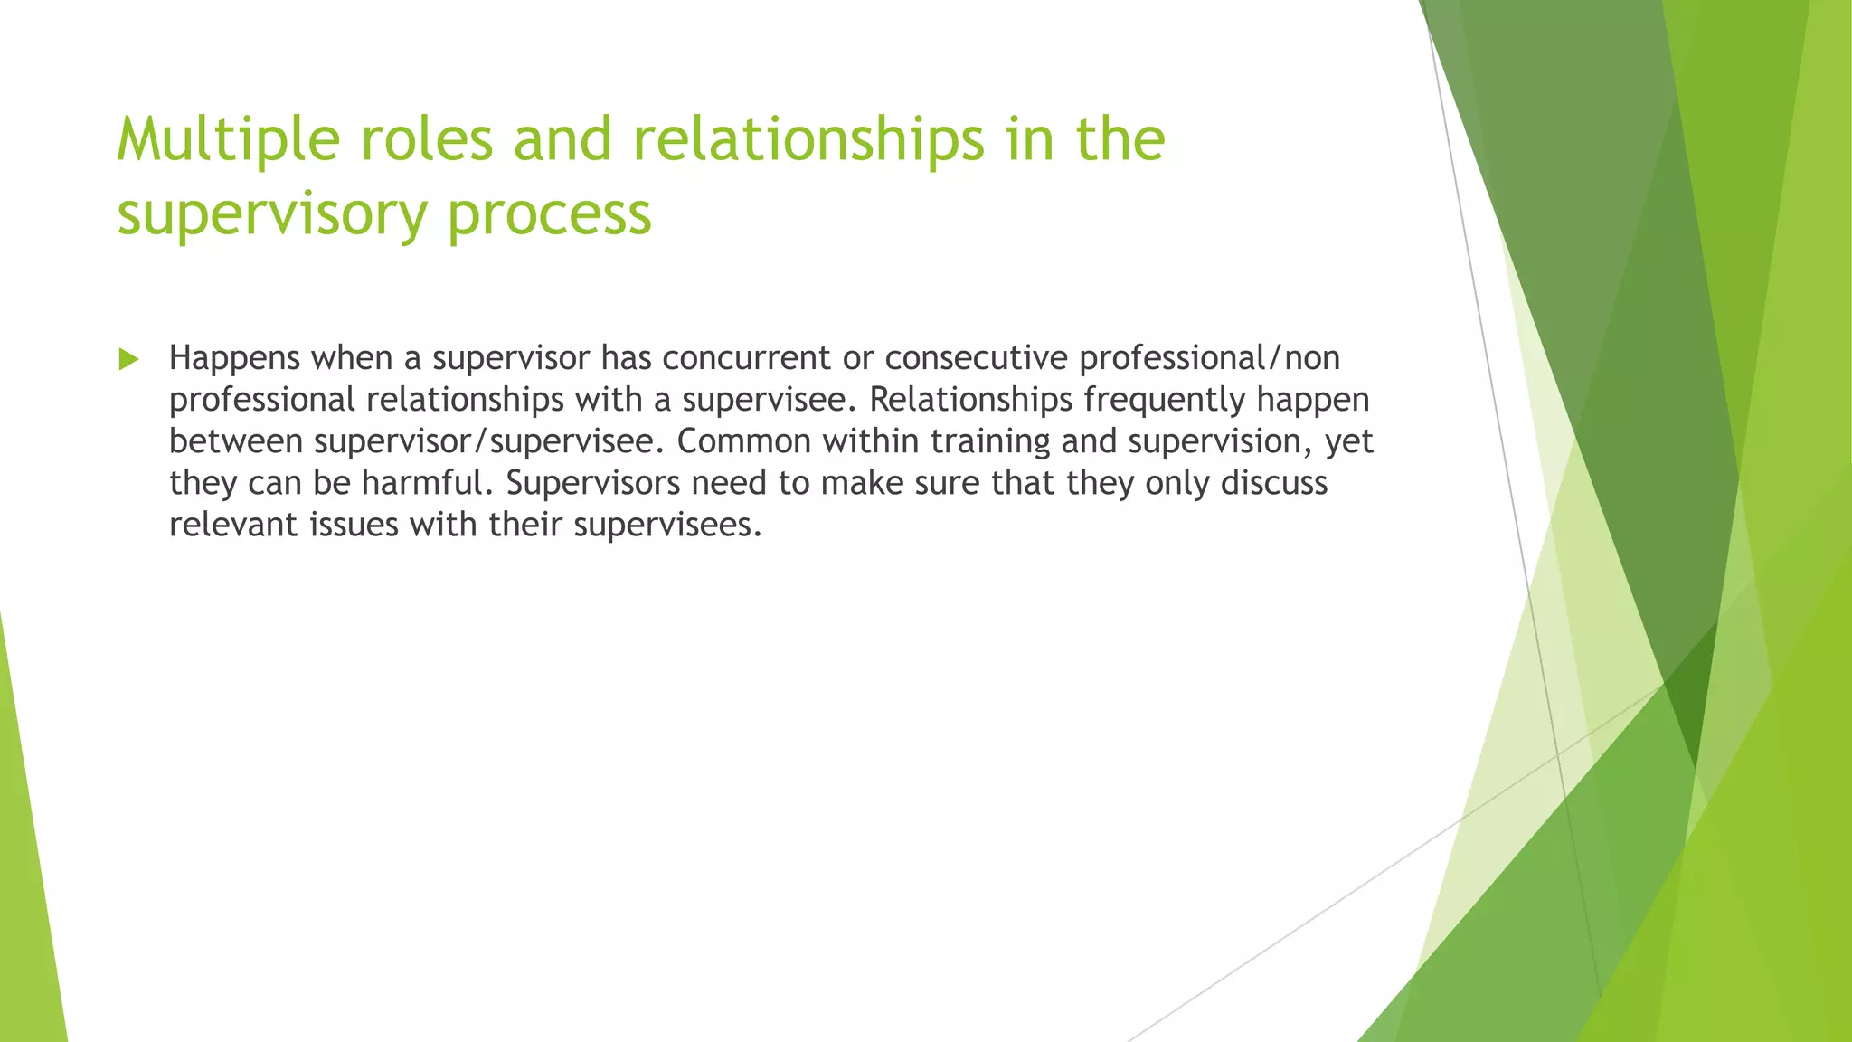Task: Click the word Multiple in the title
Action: (228, 141)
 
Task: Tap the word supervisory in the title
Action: (271, 215)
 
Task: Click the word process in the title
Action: (549, 215)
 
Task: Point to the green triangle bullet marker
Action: (128, 360)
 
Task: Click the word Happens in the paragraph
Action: (234, 359)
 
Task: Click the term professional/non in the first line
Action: (1209, 359)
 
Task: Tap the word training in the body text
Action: (990, 442)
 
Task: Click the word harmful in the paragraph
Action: (427, 484)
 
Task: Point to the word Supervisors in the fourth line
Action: (592, 484)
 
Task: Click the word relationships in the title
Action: (808, 141)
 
